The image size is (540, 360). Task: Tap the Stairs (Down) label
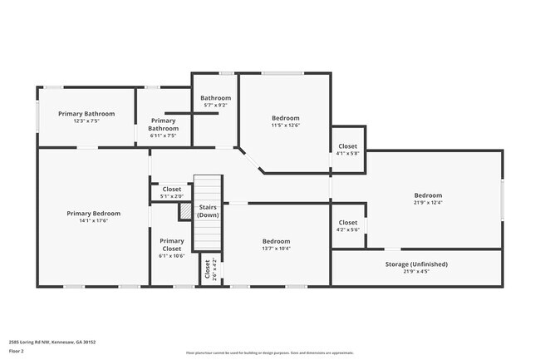209,210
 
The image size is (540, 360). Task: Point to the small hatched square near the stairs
184,212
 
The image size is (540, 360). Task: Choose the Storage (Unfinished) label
416,264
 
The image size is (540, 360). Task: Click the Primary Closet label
172,244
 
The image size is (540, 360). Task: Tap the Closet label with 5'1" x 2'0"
172,190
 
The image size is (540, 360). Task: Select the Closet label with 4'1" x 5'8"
348,146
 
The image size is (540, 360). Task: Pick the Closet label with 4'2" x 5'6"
348,223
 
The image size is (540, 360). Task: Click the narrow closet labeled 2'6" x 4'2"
207,269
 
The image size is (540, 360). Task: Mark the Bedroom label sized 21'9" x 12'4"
429,196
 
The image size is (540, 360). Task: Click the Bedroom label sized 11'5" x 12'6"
285,118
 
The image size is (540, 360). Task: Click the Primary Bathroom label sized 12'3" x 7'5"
86,114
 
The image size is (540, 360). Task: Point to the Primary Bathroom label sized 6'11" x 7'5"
163,125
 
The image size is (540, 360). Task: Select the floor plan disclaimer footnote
270,353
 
